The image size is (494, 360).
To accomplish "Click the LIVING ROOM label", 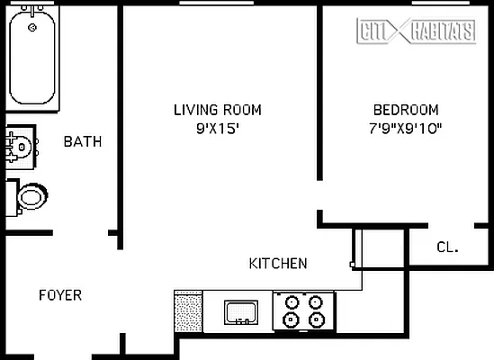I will pos(218,110).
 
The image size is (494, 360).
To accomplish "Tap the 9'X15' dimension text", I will pos(218,128).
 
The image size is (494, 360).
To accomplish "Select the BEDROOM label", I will pos(395,110).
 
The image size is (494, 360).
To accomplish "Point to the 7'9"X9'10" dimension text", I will pos(395,128).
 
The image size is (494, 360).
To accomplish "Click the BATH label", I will pos(82,141).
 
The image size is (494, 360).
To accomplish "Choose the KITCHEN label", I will pos(278,264).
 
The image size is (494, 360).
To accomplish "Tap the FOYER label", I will pos(60,295).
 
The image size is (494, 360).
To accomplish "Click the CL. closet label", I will pos(447,247).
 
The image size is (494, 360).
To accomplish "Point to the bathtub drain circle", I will pos(33,28).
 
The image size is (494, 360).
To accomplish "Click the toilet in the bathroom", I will pos(29,195).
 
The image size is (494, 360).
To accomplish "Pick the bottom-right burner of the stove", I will pos(315,319).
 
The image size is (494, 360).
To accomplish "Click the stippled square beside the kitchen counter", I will pos(188,311).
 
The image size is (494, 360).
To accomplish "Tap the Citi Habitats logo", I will pos(417,31).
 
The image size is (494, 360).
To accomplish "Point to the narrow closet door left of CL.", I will pos(356,247).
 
